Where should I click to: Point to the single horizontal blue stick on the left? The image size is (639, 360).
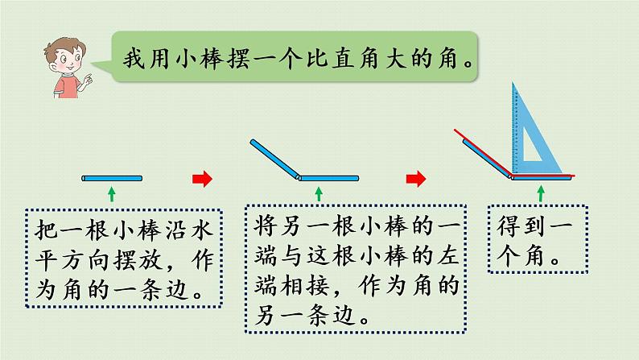[112, 177]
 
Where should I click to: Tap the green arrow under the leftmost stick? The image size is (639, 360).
[112, 192]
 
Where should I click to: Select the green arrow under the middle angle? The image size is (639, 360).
[319, 192]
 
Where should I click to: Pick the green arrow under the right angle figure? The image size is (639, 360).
[540, 192]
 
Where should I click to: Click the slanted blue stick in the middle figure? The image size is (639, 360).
[274, 158]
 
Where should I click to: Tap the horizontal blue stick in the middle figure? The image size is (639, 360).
[328, 178]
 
